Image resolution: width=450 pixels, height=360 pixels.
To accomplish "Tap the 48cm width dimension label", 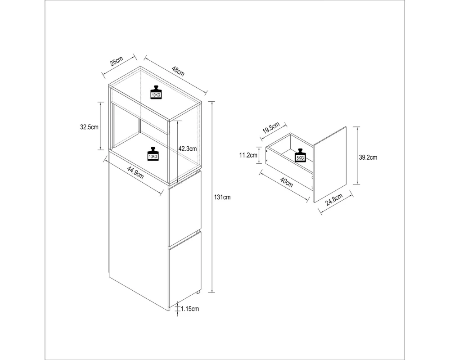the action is click(x=178, y=71).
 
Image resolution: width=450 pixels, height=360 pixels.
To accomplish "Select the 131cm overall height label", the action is click(x=222, y=197).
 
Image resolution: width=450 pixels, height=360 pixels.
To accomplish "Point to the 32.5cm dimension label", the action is click(x=89, y=127).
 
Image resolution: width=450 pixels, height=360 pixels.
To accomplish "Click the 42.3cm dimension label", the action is click(x=188, y=148).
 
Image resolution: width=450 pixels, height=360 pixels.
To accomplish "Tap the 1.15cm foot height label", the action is click(x=190, y=309).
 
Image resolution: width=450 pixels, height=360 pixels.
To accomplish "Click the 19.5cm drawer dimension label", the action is click(x=271, y=128).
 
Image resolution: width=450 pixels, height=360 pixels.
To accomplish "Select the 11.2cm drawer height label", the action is click(x=248, y=155).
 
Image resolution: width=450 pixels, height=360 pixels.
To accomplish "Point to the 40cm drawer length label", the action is click(x=286, y=182).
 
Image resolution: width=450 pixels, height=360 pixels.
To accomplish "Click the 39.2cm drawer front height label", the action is click(x=368, y=157).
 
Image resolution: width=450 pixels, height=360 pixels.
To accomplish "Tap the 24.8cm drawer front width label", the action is click(x=334, y=200).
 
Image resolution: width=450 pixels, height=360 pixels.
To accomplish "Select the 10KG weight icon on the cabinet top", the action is click(x=156, y=92).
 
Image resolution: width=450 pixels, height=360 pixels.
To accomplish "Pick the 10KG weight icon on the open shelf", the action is click(x=153, y=154).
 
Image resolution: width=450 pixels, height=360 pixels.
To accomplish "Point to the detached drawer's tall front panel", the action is click(x=330, y=165).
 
